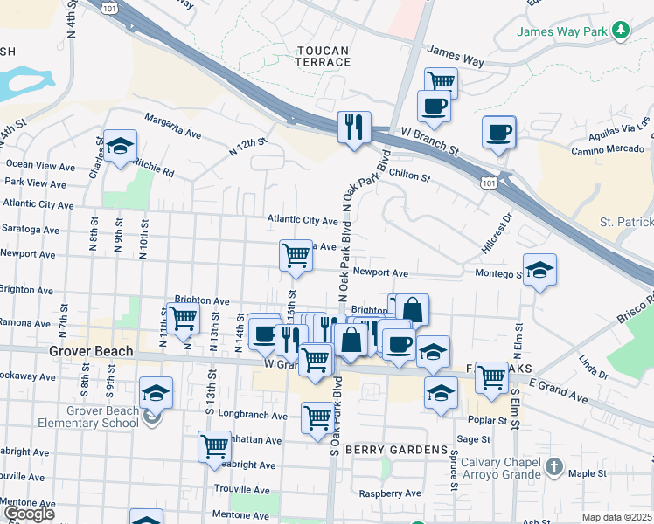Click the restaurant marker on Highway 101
click(x=354, y=128)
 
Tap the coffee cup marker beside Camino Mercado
click(x=498, y=133)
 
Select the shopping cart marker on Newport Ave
click(x=296, y=256)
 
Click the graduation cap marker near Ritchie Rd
click(x=120, y=145)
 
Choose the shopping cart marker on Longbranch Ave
click(x=317, y=417)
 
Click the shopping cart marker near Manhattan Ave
click(x=214, y=447)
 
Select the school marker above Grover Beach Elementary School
click(x=156, y=393)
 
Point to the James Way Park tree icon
click(x=621, y=31)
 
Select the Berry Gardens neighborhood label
click(x=396, y=449)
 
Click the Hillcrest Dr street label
click(x=494, y=237)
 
